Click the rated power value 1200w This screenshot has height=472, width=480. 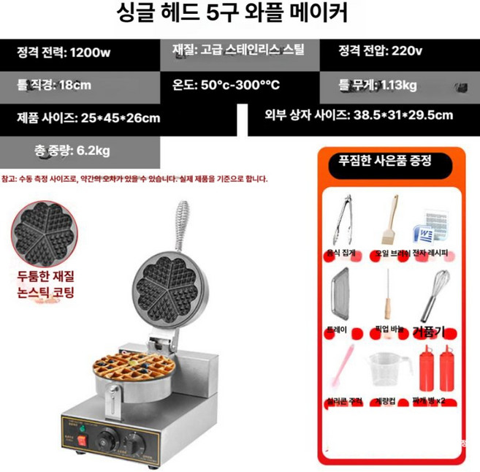pos(88,52)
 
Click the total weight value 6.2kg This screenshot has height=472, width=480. pos(93,151)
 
